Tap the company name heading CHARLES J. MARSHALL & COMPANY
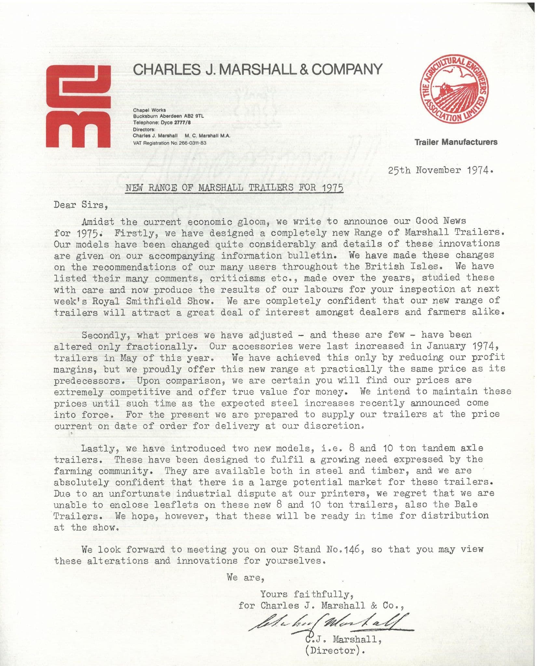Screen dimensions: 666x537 tap(258, 69)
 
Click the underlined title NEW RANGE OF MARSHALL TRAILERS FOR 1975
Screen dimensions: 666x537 tap(234, 188)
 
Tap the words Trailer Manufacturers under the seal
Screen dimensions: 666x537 tap(456, 142)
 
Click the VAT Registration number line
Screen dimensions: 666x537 tap(169, 143)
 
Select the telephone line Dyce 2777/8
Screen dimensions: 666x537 tap(162, 123)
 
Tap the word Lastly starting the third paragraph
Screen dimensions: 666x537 tap(98, 448)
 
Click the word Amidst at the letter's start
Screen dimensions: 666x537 tap(98, 222)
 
